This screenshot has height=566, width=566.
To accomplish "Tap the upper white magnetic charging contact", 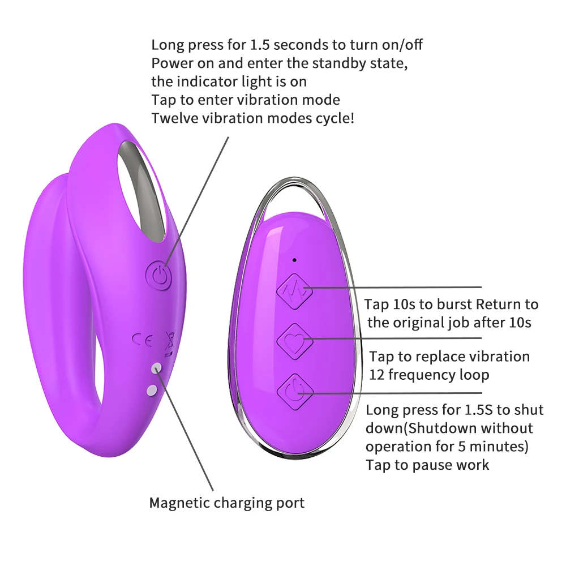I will point(156,368).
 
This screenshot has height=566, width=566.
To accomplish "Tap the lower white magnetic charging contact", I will point(151,389).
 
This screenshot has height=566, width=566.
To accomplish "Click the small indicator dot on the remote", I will point(294,260).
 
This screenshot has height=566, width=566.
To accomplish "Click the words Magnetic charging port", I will point(226,503).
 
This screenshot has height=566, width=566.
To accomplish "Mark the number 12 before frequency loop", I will point(378,375).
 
